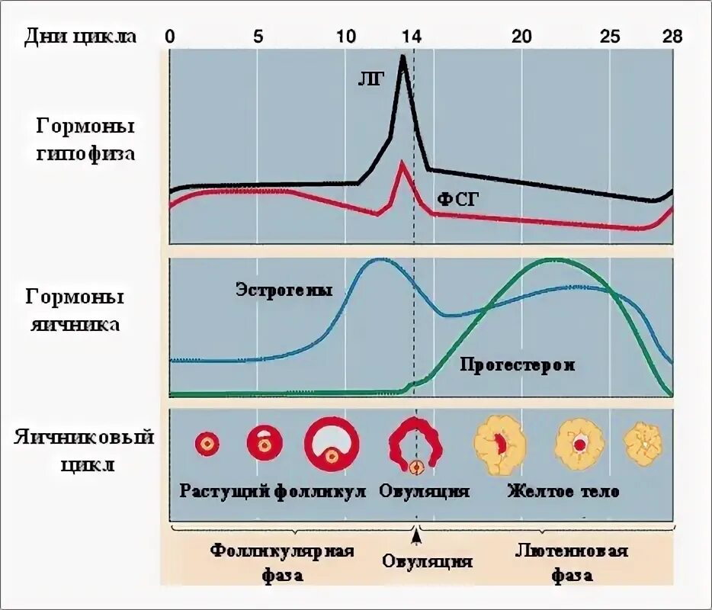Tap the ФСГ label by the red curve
pos(457,199)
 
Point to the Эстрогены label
pos(284,290)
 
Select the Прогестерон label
pos(517,364)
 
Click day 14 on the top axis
pos(412,36)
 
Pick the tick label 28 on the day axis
pos(672,36)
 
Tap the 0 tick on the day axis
pos(170,36)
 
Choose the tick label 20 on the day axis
pos(521,36)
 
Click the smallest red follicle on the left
pos(206,443)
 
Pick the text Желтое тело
pos(563,491)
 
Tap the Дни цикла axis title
pos(80,37)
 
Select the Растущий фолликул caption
pos(273,490)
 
